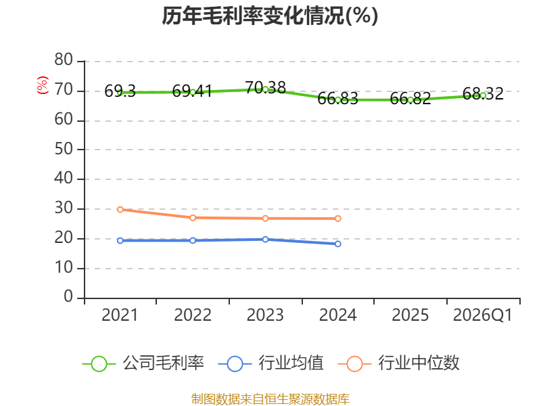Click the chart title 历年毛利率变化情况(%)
(270, 16)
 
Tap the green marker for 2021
(120, 93)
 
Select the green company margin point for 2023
(265, 89)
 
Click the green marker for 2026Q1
(483, 95)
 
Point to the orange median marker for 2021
(120, 210)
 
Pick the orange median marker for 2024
(337, 219)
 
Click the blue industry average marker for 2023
(265, 240)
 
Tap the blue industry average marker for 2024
(337, 244)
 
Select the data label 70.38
(265, 88)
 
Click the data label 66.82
(410, 98)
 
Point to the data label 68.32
(483, 93)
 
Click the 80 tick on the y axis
(64, 60)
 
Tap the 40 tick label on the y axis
(64, 179)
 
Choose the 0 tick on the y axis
(68, 296)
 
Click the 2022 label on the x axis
(193, 315)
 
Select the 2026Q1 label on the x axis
(483, 315)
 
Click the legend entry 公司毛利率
(143, 363)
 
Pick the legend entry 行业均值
(271, 363)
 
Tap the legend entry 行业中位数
(399, 363)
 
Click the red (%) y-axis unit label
(43, 85)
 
